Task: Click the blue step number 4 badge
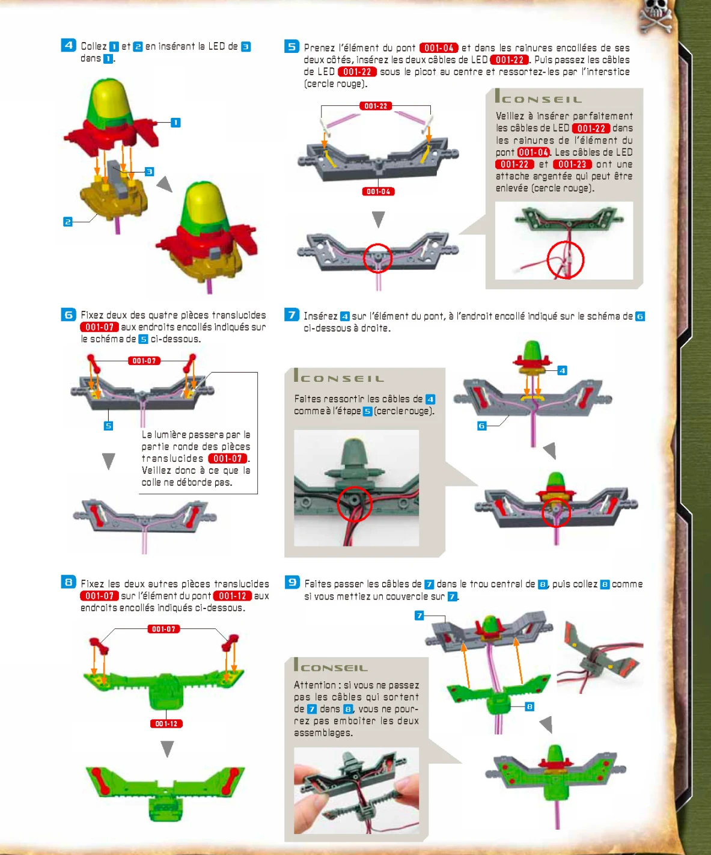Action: pyautogui.click(x=69, y=45)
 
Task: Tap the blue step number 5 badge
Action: pyautogui.click(x=291, y=46)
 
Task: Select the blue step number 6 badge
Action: pyautogui.click(x=69, y=314)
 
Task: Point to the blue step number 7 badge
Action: pyautogui.click(x=291, y=314)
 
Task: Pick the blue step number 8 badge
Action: pyautogui.click(x=69, y=582)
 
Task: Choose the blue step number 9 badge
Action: pyautogui.click(x=292, y=582)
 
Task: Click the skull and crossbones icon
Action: pyautogui.click(x=656, y=16)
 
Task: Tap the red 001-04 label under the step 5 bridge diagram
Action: pyautogui.click(x=378, y=191)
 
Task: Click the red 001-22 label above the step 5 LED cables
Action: pyautogui.click(x=376, y=106)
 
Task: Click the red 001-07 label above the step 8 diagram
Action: pyautogui.click(x=163, y=628)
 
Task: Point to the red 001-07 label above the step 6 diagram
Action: pyautogui.click(x=144, y=361)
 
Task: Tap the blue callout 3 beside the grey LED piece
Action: pyautogui.click(x=150, y=171)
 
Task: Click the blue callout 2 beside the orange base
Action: pyautogui.click(x=67, y=222)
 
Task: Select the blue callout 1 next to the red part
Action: pyautogui.click(x=175, y=123)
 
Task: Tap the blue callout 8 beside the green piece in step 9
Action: pyautogui.click(x=529, y=706)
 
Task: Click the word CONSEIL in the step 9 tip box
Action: pyautogui.click(x=334, y=668)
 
